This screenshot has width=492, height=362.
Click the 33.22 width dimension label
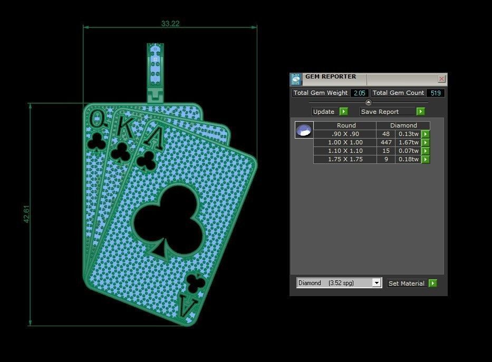170,23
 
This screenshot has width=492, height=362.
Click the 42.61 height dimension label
26,214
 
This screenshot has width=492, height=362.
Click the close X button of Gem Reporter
441,79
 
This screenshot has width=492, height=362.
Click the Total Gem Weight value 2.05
360,93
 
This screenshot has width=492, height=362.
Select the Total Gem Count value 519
436,93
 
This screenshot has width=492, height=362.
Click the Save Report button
392,112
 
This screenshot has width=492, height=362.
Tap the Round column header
346,125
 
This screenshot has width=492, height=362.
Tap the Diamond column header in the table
403,125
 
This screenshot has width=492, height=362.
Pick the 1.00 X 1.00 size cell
345,142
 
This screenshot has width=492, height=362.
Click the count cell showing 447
386,142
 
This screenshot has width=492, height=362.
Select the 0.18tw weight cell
408,159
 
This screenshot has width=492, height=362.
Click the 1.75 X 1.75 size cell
345,159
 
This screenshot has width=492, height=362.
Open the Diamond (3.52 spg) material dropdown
339,283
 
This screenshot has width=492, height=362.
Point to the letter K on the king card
124,126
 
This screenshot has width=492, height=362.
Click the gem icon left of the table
304,130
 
